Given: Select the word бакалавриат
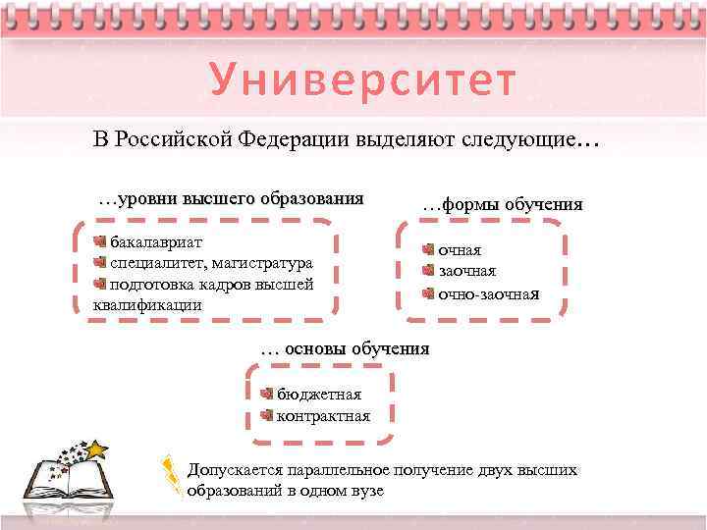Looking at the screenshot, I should click(x=156, y=241).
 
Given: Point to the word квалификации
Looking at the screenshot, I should click(x=147, y=304).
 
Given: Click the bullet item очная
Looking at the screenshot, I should click(x=460, y=251).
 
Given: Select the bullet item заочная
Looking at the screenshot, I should click(x=466, y=272).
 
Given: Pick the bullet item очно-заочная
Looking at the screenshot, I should click(x=488, y=293).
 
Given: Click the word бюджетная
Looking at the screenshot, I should click(x=318, y=395).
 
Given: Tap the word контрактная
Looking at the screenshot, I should click(x=323, y=416).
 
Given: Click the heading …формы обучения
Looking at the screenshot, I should click(x=502, y=205).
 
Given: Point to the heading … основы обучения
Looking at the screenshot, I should click(x=345, y=348).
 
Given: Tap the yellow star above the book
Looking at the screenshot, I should click(x=96, y=450).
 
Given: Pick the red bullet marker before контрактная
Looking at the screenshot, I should click(x=267, y=416).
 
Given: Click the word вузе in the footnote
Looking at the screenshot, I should click(x=365, y=491).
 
